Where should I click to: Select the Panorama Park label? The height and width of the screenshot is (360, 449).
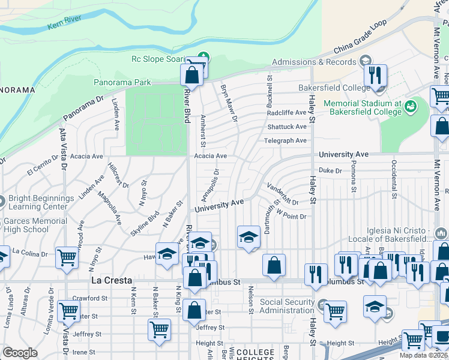(x=122, y=82)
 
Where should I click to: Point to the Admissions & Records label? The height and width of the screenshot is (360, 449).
(x=315, y=62)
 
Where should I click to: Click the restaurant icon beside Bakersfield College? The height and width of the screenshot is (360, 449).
(x=375, y=76)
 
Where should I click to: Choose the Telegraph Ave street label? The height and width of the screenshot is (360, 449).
(x=285, y=141)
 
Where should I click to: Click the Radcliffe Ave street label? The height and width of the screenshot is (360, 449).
(x=286, y=112)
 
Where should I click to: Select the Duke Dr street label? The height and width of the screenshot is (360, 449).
(x=330, y=170)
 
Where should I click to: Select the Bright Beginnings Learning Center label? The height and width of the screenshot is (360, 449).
(x=41, y=202)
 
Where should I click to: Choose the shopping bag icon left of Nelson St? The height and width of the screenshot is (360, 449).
(x=274, y=265)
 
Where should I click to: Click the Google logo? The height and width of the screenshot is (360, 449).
(x=20, y=353)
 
